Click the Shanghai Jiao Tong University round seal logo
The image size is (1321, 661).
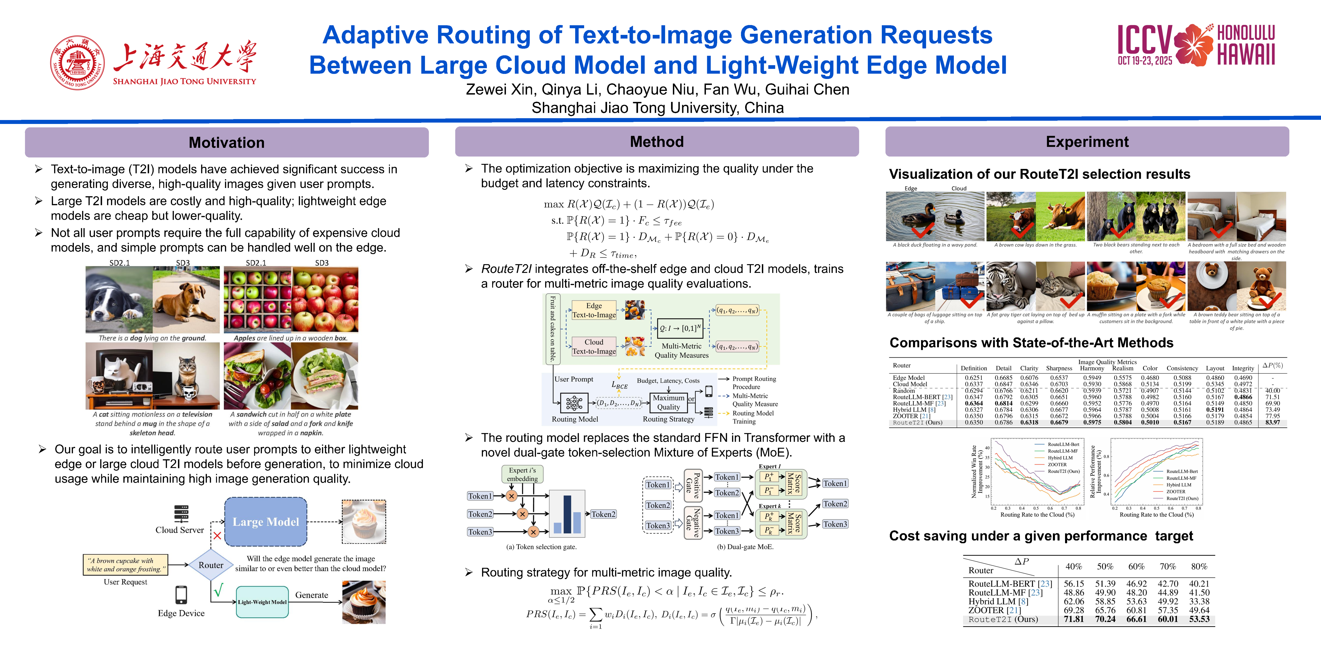coord(77,62)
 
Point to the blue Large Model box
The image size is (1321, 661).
coord(266,521)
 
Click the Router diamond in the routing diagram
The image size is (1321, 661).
coord(211,565)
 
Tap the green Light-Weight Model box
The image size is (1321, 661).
coord(262,602)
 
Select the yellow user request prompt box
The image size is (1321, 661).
coord(126,564)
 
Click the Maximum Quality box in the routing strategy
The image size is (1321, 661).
coord(668,402)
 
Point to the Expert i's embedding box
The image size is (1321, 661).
coord(522,474)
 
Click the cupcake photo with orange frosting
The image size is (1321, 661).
coord(364,602)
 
